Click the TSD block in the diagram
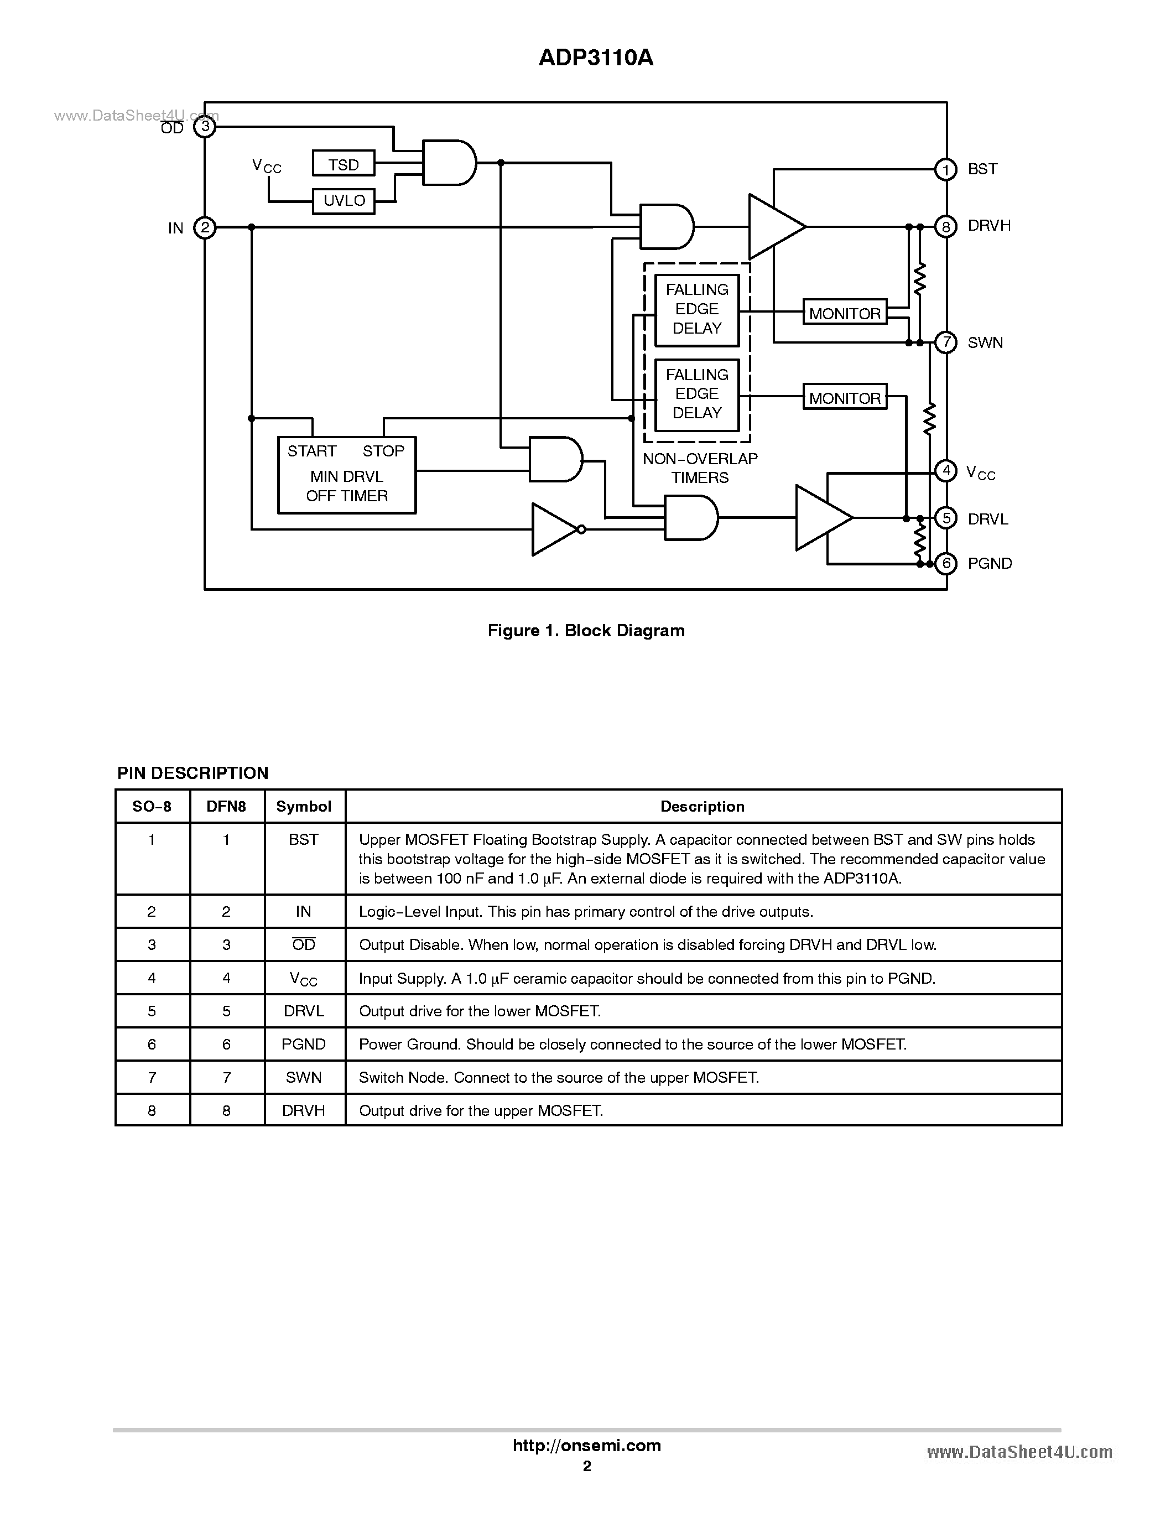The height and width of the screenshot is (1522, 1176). (344, 164)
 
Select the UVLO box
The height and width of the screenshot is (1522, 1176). (344, 201)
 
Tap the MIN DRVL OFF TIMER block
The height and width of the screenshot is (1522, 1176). (346, 475)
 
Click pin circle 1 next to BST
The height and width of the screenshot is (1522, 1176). (945, 169)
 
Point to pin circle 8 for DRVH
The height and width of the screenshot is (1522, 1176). (945, 226)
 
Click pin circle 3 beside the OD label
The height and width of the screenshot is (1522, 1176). (205, 126)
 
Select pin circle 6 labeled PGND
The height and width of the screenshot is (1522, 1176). (945, 563)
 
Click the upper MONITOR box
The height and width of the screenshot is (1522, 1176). (844, 313)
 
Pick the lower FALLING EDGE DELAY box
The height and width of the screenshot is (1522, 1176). (696, 394)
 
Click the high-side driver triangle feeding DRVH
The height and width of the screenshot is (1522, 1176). (774, 226)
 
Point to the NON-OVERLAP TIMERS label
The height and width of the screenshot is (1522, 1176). (700, 468)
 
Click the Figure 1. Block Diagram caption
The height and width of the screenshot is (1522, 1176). (586, 631)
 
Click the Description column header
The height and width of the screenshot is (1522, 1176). (703, 806)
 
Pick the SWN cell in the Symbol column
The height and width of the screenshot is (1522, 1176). (304, 1077)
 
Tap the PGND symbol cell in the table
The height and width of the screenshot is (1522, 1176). (304, 1044)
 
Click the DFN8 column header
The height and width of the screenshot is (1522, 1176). (226, 806)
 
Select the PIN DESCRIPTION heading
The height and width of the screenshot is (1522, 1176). (192, 773)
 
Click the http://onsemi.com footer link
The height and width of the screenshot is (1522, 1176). (586, 1445)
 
